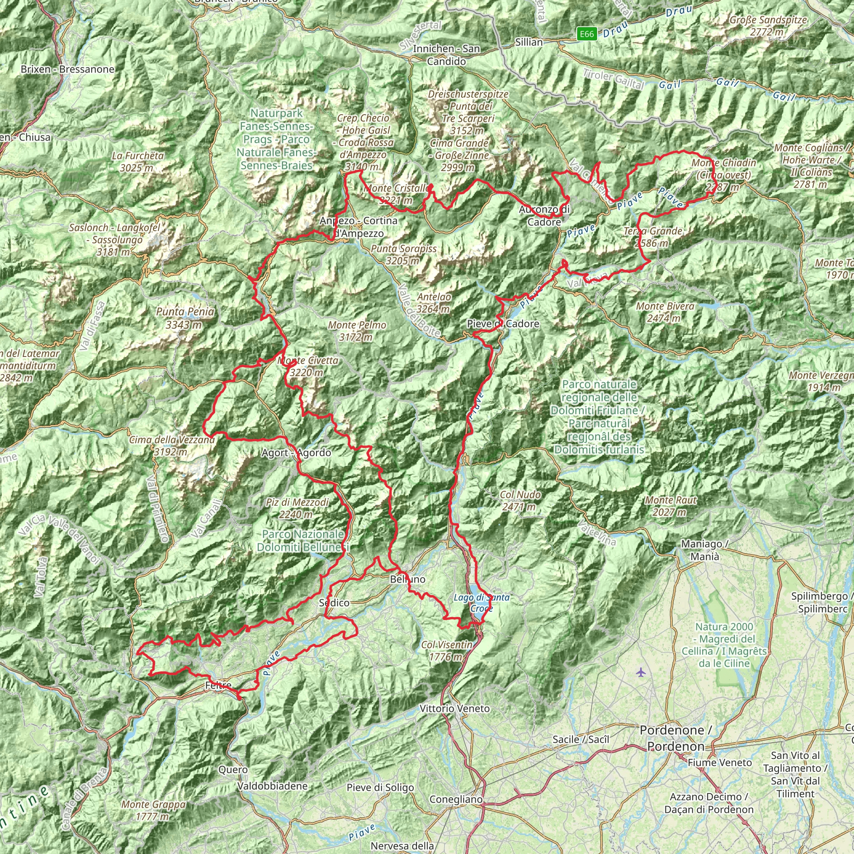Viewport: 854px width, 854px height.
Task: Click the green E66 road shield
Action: click(587, 34)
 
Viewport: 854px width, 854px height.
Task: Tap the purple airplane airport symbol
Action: click(641, 673)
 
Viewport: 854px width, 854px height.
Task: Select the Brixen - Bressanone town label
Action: click(67, 69)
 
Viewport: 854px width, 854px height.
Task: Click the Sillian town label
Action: click(529, 43)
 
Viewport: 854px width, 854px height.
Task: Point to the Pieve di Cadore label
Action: click(503, 324)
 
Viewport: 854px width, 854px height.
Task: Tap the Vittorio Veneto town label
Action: click(455, 708)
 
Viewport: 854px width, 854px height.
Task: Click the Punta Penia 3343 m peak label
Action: click(185, 318)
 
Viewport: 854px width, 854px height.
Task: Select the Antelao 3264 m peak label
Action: click(433, 303)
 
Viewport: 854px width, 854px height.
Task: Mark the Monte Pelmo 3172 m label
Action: click(357, 331)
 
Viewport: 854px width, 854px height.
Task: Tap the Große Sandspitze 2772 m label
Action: click(768, 25)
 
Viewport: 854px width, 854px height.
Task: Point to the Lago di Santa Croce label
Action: click(481, 603)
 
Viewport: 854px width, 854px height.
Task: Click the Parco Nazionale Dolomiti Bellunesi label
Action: click(303, 540)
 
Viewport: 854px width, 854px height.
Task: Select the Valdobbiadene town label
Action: click(272, 786)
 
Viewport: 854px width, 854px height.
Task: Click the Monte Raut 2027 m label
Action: click(671, 506)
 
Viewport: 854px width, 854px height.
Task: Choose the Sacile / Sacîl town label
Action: click(580, 739)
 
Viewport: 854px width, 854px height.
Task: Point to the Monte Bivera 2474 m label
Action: click(665, 312)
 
